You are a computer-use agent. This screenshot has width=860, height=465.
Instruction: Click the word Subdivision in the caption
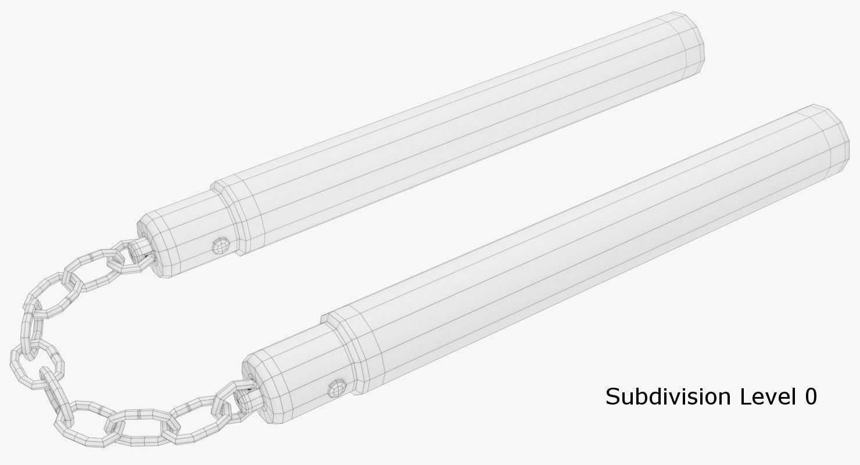[668, 397]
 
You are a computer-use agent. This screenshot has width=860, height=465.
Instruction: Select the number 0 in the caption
[811, 397]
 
